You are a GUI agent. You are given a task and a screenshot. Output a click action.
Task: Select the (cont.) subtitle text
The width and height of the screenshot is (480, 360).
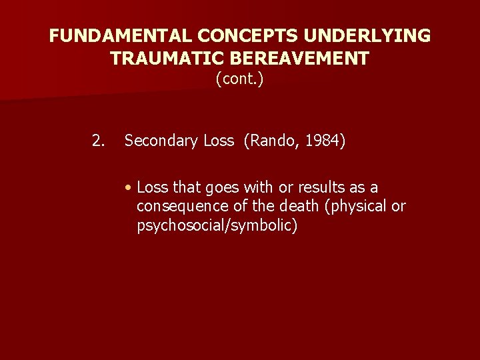point(239,80)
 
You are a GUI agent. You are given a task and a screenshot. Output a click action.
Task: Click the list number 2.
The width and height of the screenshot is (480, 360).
point(98,141)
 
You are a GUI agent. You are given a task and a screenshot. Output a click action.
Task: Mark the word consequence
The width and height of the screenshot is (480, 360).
point(177,207)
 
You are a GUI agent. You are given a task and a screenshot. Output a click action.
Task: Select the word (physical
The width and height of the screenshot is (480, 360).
point(355,207)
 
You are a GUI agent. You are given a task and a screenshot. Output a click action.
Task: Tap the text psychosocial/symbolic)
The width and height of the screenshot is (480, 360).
point(217,225)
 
